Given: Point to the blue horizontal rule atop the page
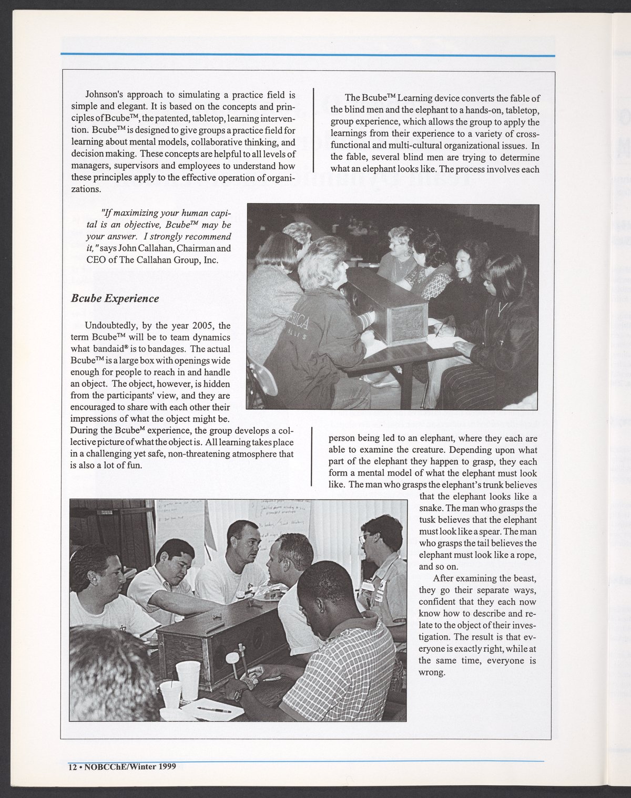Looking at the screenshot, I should pos(308,55).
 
